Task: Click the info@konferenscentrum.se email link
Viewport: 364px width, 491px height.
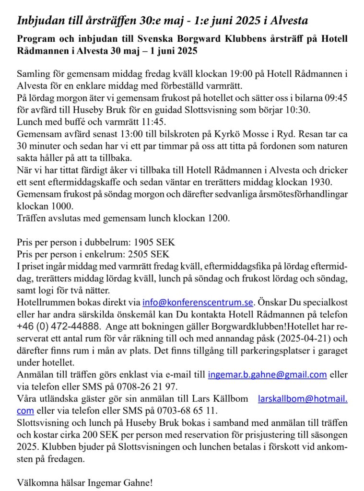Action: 198,303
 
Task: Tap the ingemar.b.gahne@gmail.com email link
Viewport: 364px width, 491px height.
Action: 267,374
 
